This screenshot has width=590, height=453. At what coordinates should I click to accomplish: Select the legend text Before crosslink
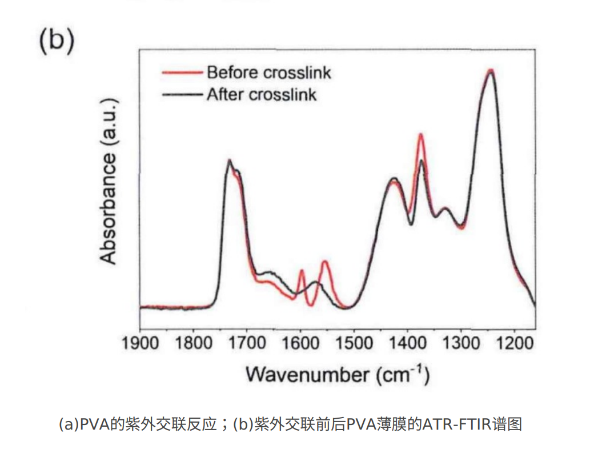268,73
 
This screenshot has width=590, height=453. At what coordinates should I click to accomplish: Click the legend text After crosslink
261,94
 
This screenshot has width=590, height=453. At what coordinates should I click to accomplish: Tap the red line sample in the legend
182,73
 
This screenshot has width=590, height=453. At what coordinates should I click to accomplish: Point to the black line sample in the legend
182,94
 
